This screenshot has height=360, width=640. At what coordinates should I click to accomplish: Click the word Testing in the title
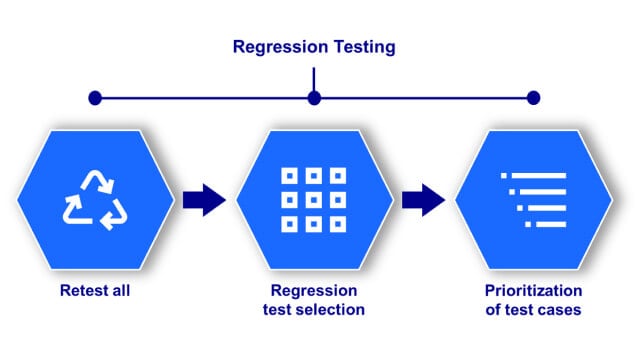[x=363, y=46]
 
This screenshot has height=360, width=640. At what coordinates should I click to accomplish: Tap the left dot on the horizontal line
[x=95, y=98]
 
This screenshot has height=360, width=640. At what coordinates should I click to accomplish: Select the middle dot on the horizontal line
[x=314, y=98]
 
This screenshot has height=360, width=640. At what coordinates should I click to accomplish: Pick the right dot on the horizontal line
[x=533, y=98]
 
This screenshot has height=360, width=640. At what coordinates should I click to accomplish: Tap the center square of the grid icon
[x=314, y=198]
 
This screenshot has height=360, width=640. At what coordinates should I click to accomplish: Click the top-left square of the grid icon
[x=290, y=176]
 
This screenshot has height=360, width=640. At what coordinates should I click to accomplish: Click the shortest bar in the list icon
[x=546, y=224]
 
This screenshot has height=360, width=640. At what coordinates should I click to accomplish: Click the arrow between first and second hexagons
[x=204, y=199]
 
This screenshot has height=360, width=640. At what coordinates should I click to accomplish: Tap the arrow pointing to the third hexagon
[x=424, y=199]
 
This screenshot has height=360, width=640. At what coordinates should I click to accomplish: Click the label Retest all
[x=95, y=292]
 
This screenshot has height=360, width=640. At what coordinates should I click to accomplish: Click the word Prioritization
[x=533, y=291]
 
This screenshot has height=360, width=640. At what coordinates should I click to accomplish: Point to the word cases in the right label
[x=560, y=310]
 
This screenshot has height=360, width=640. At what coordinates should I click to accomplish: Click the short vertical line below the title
[x=314, y=78]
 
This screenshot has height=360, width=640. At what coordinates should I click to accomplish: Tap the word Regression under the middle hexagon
[x=314, y=291]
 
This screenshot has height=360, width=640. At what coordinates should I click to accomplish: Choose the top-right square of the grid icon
[x=337, y=176]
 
